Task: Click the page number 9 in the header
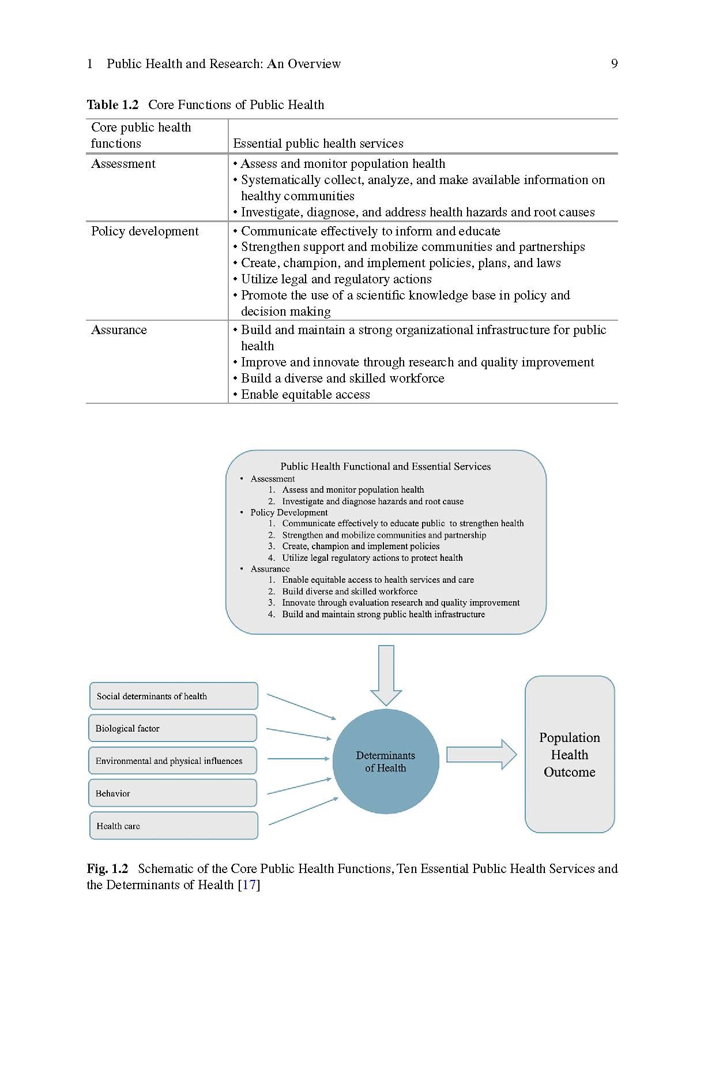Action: pos(614,63)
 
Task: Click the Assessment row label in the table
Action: pos(123,164)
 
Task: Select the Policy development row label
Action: pos(145,231)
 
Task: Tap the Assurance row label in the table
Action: pos(119,330)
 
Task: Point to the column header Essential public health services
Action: pos(318,143)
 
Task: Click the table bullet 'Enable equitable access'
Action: pos(305,395)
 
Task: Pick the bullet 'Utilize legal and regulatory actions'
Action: pos(336,279)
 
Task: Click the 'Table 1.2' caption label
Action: pos(112,104)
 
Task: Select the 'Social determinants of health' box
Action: pos(174,696)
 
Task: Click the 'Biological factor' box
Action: pos(172,728)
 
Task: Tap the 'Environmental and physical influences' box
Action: pos(172,760)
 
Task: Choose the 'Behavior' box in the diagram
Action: pos(172,793)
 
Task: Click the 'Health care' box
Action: pos(174,826)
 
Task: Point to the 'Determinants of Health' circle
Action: pos(386,762)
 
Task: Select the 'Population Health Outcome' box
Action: pos(570,754)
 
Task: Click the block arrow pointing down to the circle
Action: pos(386,674)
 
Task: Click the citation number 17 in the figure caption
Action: pos(249,885)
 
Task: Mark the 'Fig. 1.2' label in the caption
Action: pos(107,868)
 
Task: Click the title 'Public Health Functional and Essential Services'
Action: pos(385,466)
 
